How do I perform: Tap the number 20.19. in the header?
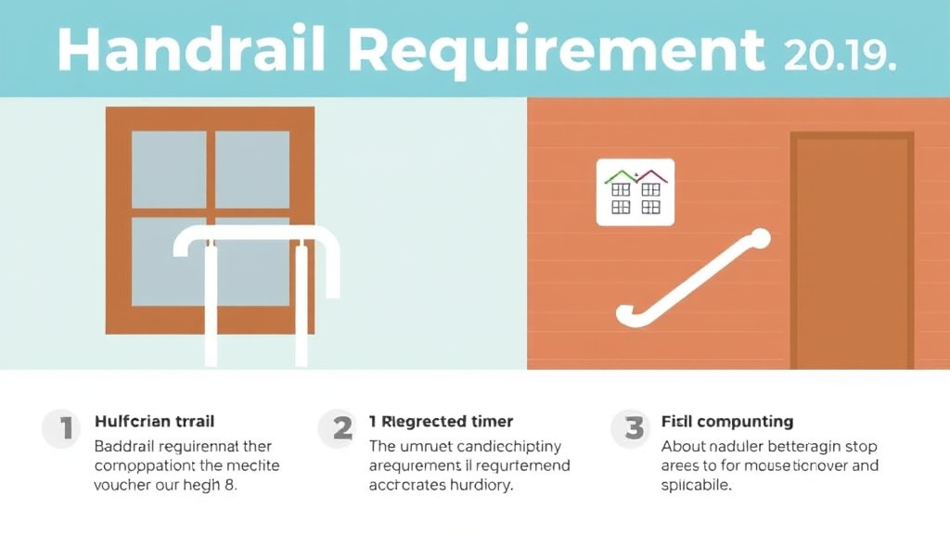click(x=840, y=53)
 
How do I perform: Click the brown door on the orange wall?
click(x=852, y=250)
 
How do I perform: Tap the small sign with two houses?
click(x=635, y=192)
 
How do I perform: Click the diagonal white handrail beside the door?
click(x=691, y=279)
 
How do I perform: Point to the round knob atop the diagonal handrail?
click(x=761, y=238)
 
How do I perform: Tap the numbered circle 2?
click(x=341, y=428)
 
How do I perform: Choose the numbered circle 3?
click(x=634, y=428)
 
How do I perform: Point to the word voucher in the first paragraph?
click(x=124, y=485)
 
